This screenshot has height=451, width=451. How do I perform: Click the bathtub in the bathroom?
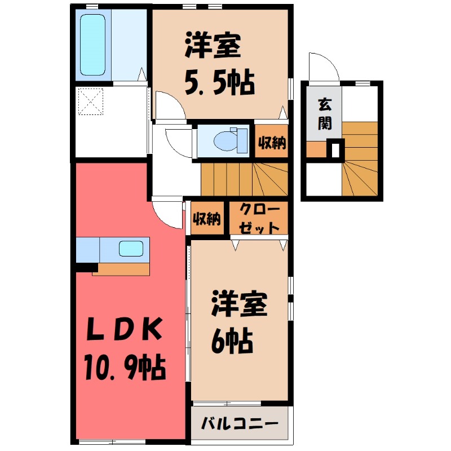click(93, 45)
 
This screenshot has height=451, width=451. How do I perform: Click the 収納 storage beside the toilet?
click(272, 143)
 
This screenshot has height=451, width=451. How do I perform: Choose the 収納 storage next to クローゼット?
click(206, 219)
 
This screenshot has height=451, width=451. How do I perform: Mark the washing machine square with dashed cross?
click(91, 101)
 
